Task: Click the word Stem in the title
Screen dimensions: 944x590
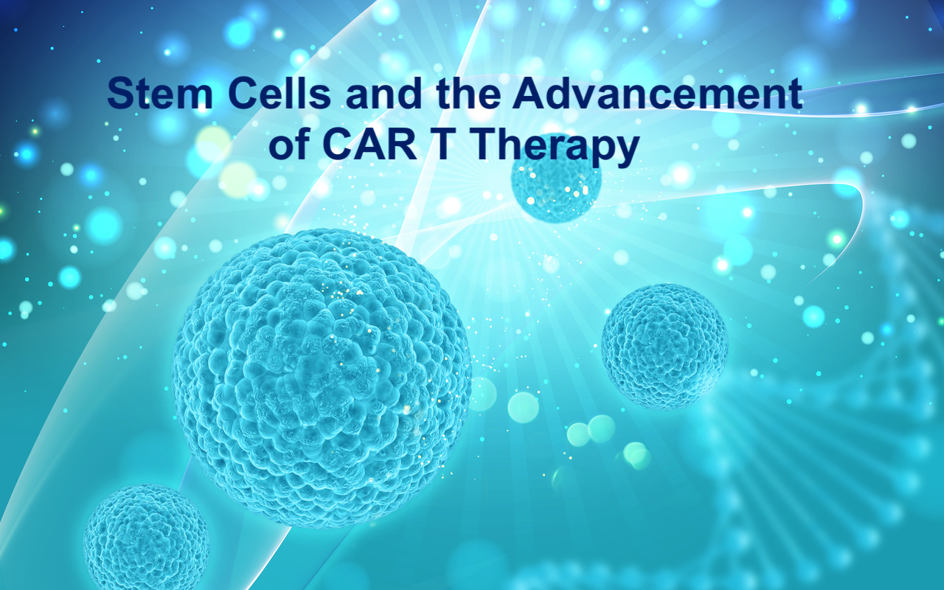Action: tap(160, 94)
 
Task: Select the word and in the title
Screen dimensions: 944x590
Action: tap(384, 93)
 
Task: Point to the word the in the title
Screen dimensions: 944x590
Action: tap(468, 93)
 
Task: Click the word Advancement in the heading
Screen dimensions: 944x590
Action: tap(657, 93)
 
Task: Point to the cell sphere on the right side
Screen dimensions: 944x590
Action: tap(664, 347)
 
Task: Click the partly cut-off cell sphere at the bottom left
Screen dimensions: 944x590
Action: tap(146, 538)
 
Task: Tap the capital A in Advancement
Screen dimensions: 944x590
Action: tap(529, 93)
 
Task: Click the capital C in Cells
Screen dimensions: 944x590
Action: tap(244, 93)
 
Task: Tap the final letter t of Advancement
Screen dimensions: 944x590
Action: tap(795, 94)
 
